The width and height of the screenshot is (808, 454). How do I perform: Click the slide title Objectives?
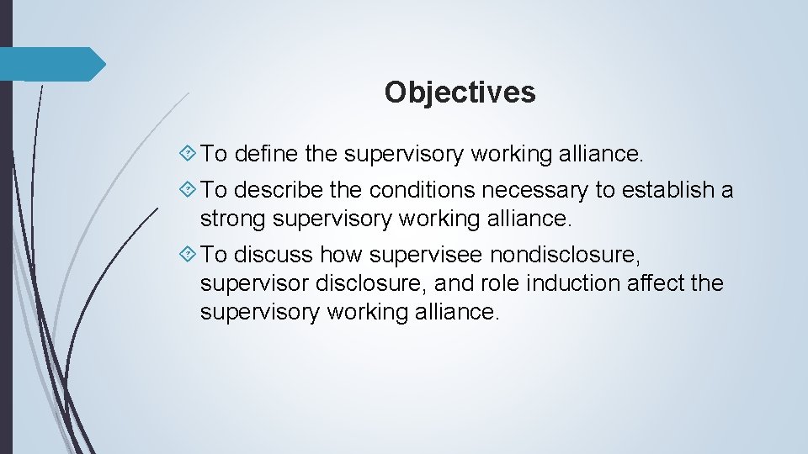coord(460,92)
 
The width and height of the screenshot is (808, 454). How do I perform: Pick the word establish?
coord(667,191)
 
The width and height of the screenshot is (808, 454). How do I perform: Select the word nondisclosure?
coord(559,255)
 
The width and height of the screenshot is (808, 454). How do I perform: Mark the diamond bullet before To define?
coord(189,154)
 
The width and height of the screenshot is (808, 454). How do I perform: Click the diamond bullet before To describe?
coord(189,191)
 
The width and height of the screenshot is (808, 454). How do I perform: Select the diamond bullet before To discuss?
coord(189,255)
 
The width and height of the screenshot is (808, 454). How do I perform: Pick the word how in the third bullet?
coord(341,255)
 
